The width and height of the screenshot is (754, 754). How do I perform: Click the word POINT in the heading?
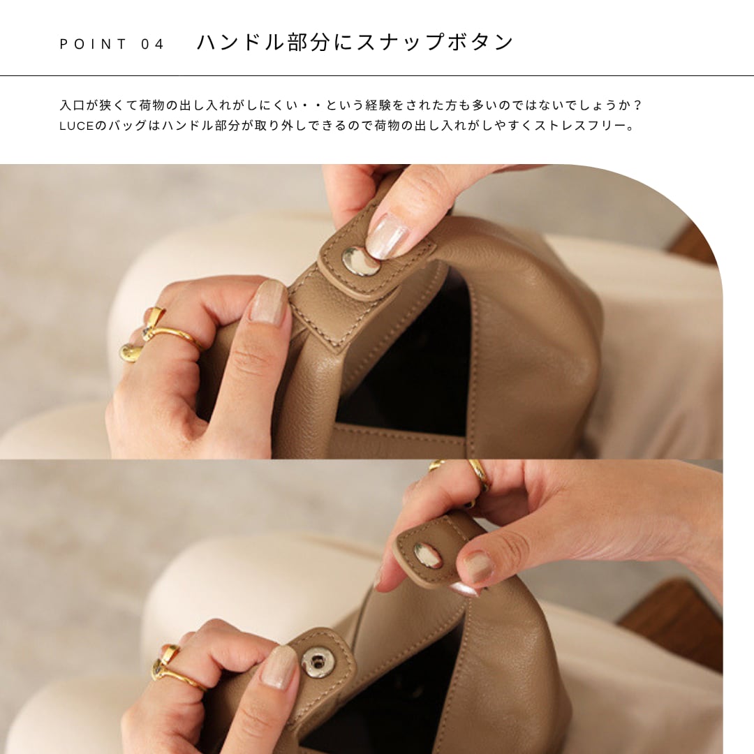(93, 44)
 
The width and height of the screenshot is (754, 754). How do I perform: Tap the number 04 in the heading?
(152, 44)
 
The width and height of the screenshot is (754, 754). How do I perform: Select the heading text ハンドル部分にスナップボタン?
(355, 43)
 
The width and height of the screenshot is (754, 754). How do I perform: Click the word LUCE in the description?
(77, 126)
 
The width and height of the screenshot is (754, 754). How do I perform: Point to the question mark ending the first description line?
(637, 105)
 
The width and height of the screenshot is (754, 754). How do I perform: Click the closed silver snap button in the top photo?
(359, 261)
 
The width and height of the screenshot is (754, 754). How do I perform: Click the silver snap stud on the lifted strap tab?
(427, 555)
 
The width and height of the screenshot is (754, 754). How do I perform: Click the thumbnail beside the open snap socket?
(277, 667)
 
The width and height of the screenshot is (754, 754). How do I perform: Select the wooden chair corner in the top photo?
(693, 244)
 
